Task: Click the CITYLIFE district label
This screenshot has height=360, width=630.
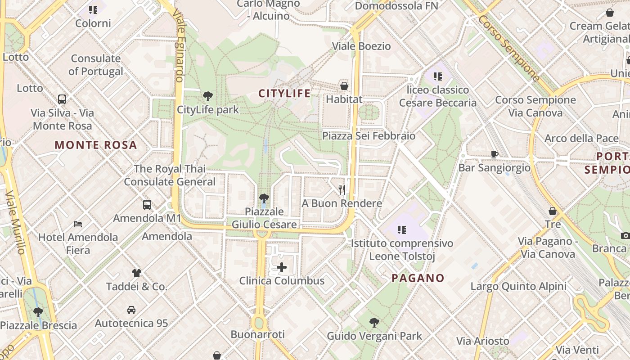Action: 284,94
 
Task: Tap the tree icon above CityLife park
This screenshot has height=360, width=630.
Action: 208,96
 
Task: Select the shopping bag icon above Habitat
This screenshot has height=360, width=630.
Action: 344,85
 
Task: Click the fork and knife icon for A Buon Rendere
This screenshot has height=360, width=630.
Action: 342,189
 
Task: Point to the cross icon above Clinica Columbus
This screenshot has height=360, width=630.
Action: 282,267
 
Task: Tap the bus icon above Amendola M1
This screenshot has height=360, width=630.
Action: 147,205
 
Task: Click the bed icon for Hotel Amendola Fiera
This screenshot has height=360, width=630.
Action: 78,224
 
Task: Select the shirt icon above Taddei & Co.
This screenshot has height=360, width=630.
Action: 137,273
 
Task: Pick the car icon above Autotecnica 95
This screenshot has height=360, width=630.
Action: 131,310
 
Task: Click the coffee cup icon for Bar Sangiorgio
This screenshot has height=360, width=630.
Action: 495,154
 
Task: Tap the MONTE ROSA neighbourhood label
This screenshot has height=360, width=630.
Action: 96,145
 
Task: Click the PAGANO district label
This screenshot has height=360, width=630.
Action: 418,278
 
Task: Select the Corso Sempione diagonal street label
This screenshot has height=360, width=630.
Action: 508,48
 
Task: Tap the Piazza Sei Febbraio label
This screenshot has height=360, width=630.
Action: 369,136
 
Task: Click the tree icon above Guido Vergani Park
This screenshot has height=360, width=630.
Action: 374,322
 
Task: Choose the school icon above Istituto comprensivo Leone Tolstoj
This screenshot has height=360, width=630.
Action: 402,230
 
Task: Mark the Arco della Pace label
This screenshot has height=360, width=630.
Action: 582,138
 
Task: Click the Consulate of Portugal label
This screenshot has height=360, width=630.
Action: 96,65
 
